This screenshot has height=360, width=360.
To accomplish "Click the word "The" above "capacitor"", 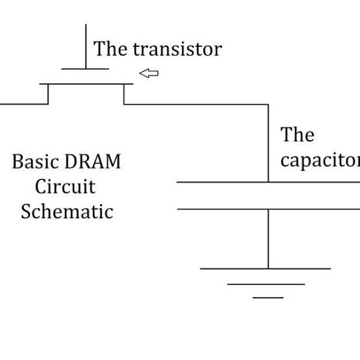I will coord(297,135).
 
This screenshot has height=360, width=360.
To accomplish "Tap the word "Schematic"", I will coord(66,211).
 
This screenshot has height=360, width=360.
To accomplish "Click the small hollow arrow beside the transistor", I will coord(149,73).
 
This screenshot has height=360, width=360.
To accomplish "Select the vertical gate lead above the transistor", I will coord(85,45).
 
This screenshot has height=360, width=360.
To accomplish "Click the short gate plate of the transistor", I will coord(85,69).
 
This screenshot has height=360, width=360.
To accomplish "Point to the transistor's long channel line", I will coord(86,84).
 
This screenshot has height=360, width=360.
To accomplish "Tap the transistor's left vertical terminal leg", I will coord(48,94).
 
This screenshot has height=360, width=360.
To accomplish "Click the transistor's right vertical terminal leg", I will coord(124,94).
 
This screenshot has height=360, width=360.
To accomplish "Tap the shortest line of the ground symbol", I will coord(268,298).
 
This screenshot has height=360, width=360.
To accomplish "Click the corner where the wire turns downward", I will coord(268,104).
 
